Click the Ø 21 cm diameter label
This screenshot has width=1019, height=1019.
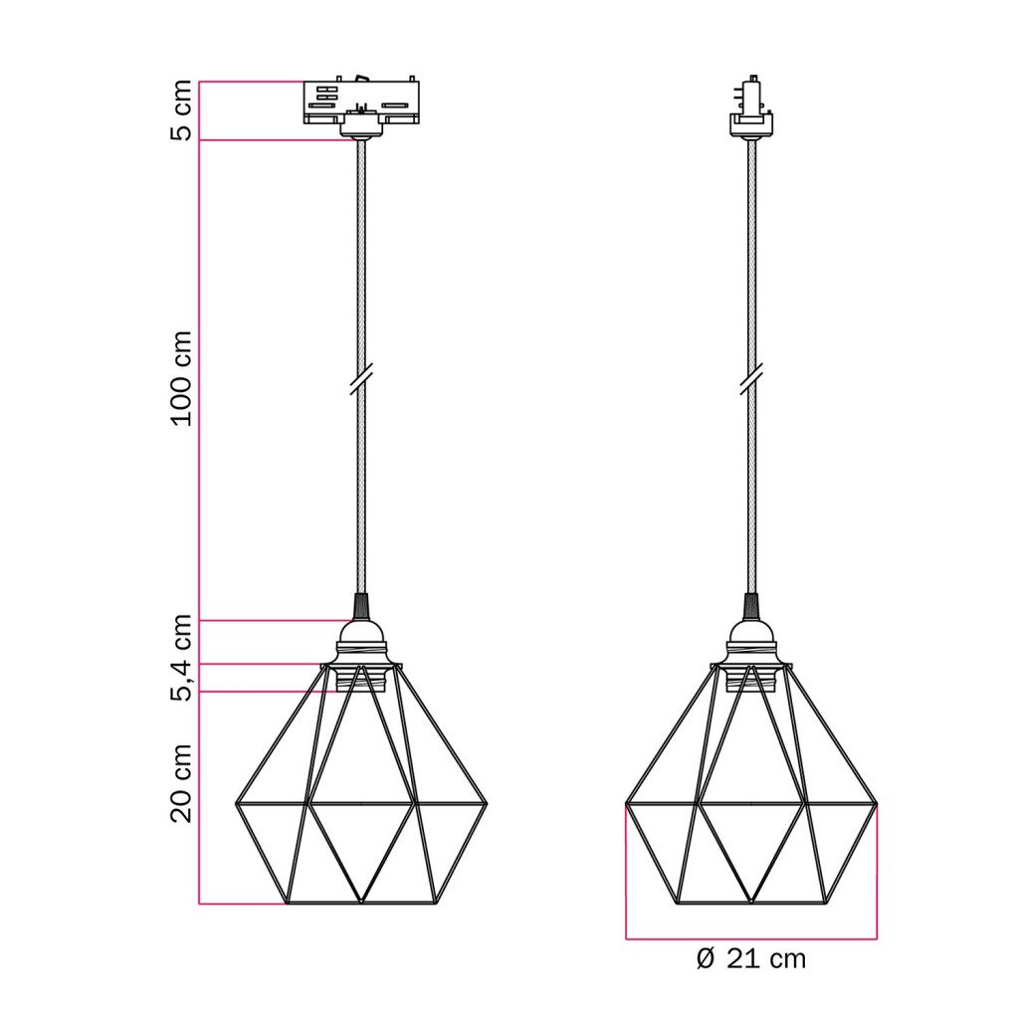(x=750, y=959)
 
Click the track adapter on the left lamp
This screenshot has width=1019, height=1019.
(x=361, y=106)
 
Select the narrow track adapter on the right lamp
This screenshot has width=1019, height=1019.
(x=751, y=106)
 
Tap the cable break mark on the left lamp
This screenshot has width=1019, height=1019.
(x=360, y=379)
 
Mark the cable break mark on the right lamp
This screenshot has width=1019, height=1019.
(x=751, y=379)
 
